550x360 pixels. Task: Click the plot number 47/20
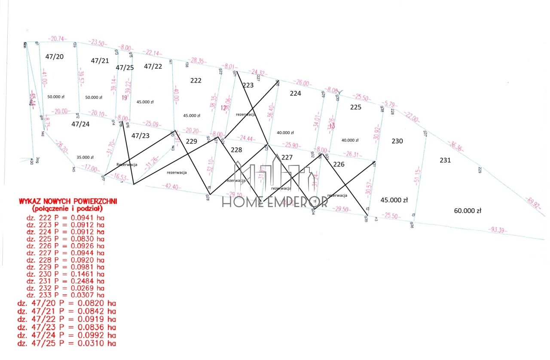coord(54,56)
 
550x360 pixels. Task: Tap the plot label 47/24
coord(80,124)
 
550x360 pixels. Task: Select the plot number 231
coord(445,160)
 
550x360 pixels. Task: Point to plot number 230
coord(397,140)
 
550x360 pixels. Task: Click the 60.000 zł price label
coord(468,211)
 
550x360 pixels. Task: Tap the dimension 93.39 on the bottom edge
coord(498,231)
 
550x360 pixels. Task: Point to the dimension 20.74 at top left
coord(56,39)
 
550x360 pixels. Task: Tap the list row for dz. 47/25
coord(67,344)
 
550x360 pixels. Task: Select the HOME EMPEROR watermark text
coord(275,202)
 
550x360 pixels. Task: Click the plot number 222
coord(196,80)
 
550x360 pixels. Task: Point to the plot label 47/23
coord(141,135)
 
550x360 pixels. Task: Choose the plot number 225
coord(355,107)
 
